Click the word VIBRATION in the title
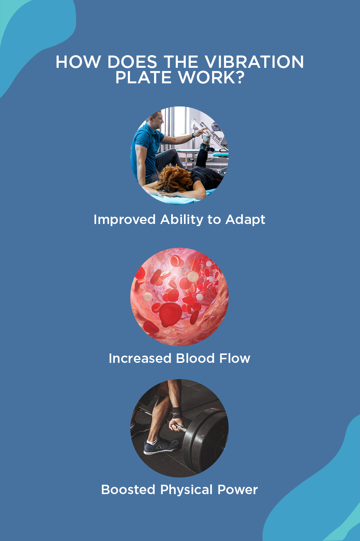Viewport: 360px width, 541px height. coord(255,62)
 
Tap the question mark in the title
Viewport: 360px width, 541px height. coord(239,77)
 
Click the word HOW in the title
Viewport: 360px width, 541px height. coord(78,62)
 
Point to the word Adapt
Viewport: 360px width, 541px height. coord(245,220)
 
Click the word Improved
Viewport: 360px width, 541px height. coord(125,220)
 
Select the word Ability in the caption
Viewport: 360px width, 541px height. coord(182,220)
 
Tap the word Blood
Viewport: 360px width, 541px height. coord(195,358)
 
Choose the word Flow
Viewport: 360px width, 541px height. coord(235,358)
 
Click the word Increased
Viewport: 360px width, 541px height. coord(140,358)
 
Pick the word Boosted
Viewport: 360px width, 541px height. coord(128,489)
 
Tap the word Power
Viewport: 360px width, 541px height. coord(238,489)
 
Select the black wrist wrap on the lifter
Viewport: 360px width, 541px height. coord(177,412)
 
